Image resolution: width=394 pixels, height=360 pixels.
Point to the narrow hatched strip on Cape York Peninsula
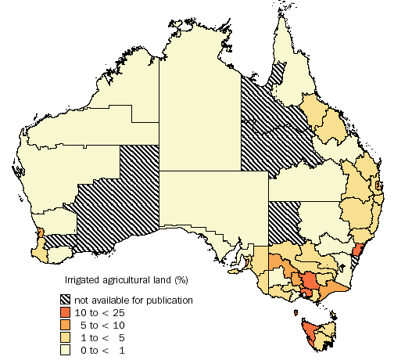pos(278,75)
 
